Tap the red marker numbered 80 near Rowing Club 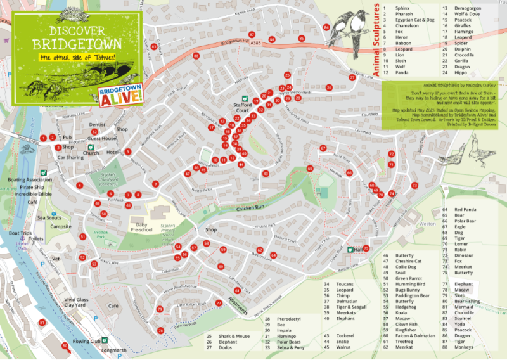click(x=65, y=346)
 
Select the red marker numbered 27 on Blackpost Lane click(x=352, y=78)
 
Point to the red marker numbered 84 click(x=326, y=28)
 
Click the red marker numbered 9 click(x=155, y=184)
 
